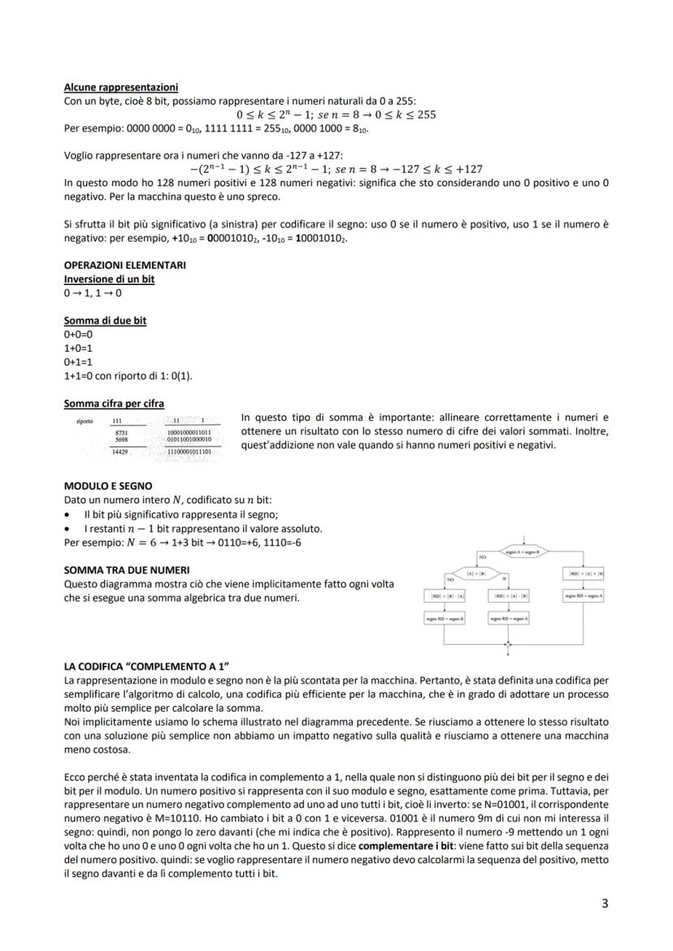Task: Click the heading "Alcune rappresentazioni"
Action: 121,87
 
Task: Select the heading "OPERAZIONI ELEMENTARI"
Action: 124,265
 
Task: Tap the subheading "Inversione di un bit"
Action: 109,279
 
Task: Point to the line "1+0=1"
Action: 78,348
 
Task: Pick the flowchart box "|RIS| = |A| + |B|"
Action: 584,573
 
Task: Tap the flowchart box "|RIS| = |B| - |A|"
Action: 445,596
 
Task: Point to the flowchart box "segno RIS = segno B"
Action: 445,619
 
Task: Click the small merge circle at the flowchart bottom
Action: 508,648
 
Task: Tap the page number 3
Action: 604,903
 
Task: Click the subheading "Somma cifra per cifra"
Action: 114,403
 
